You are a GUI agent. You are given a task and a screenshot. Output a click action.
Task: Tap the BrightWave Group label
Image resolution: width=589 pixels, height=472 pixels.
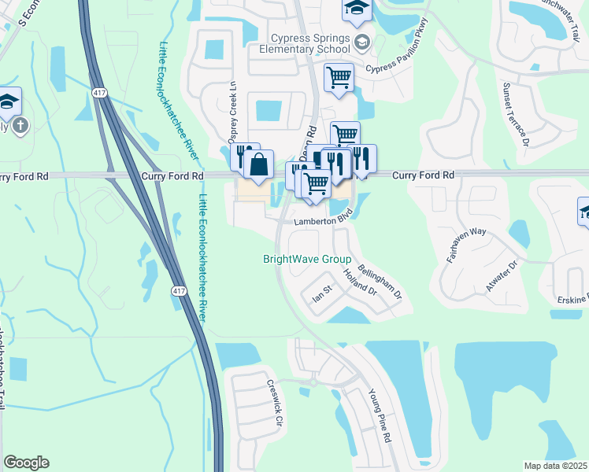click(x=306, y=259)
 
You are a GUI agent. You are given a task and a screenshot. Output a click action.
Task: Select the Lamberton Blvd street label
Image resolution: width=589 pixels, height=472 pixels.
click(x=322, y=222)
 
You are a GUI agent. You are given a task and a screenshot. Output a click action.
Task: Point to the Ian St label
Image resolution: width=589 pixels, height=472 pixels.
click(x=324, y=297)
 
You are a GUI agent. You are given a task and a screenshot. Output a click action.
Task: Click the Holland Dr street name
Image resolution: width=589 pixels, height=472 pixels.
click(x=361, y=282)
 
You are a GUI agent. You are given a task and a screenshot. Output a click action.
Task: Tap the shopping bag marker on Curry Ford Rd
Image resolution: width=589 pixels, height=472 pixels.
click(x=257, y=165)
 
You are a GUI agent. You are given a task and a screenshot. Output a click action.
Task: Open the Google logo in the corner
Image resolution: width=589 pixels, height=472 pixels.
click(x=26, y=463)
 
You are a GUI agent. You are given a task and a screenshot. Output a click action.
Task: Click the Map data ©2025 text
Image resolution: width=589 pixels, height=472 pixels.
click(x=556, y=466)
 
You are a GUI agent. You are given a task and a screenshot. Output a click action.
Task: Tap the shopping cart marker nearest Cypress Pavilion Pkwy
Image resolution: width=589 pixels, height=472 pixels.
click(x=339, y=78)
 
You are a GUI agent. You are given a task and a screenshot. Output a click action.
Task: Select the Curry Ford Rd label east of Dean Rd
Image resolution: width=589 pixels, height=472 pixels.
click(x=424, y=175)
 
